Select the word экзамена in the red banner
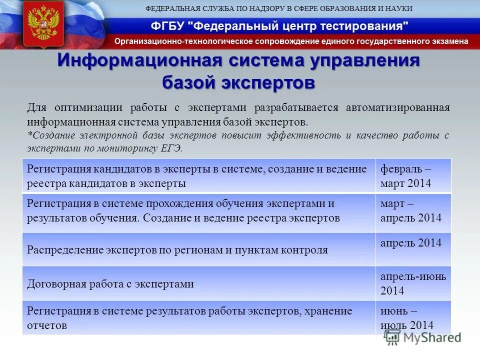[448, 41]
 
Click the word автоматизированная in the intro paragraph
[398, 107]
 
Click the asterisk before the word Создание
[28, 135]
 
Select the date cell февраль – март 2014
[413, 176]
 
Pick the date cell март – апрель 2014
[413, 210]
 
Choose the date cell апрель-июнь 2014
[413, 283]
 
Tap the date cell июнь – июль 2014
[413, 318]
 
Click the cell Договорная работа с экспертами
[110, 284]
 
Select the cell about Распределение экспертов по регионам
[177, 249]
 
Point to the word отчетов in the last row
[47, 325]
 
